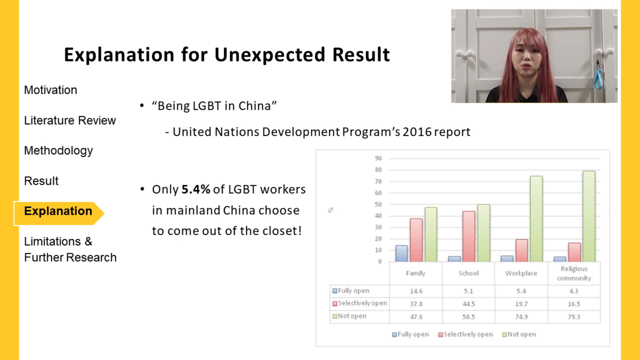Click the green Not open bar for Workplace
[x=536, y=219]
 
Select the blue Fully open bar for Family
[x=401, y=253]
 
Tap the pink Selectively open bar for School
[x=469, y=236]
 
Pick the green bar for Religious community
[x=589, y=216]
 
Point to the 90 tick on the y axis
[x=378, y=158]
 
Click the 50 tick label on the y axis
[x=378, y=204]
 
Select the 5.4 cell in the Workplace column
[x=521, y=291]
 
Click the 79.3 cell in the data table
[x=574, y=317]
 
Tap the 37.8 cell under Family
[x=416, y=304]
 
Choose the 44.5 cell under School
[x=468, y=304]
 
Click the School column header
[x=468, y=273]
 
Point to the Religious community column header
[x=574, y=273]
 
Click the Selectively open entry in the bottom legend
[x=465, y=334]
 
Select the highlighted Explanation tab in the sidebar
[x=59, y=211]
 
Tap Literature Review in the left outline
[x=70, y=120]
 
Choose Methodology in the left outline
[x=59, y=151]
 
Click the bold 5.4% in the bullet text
[x=196, y=189]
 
